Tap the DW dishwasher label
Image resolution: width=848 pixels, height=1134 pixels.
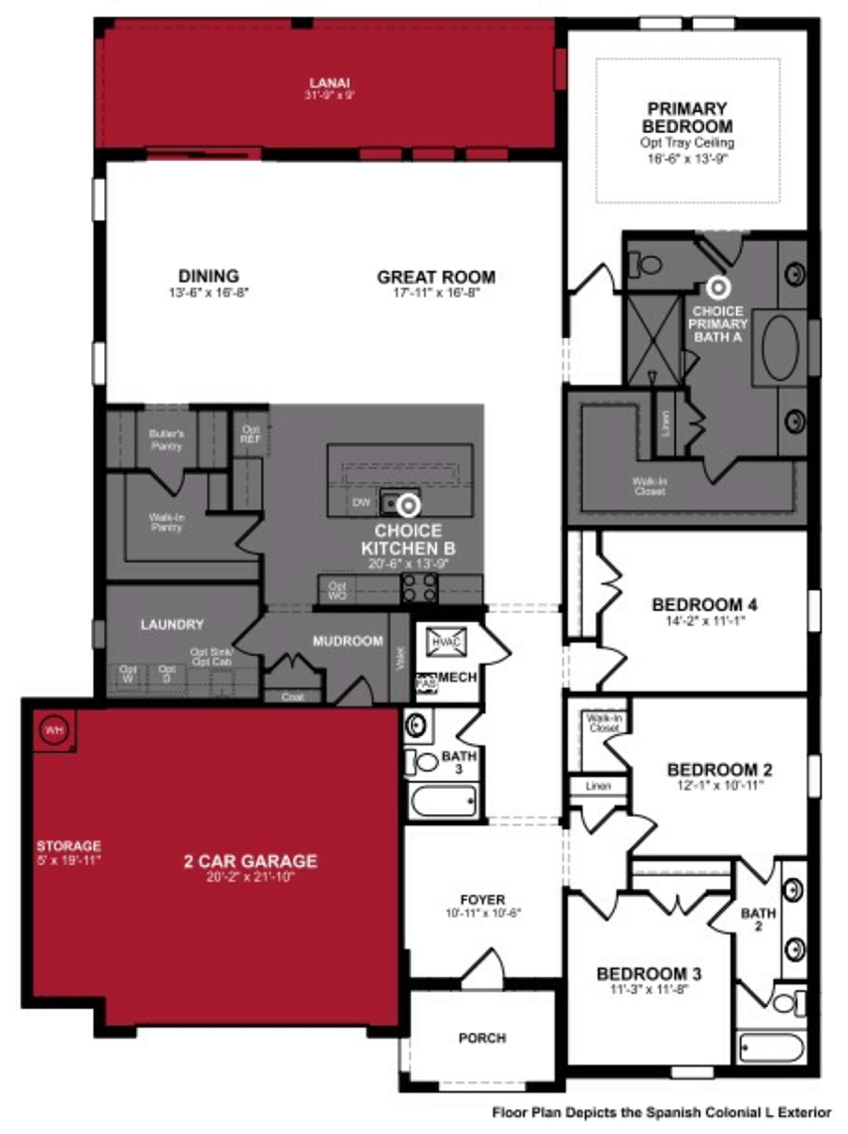tap(361, 503)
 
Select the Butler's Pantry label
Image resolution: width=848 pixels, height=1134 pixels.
tap(167, 440)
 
